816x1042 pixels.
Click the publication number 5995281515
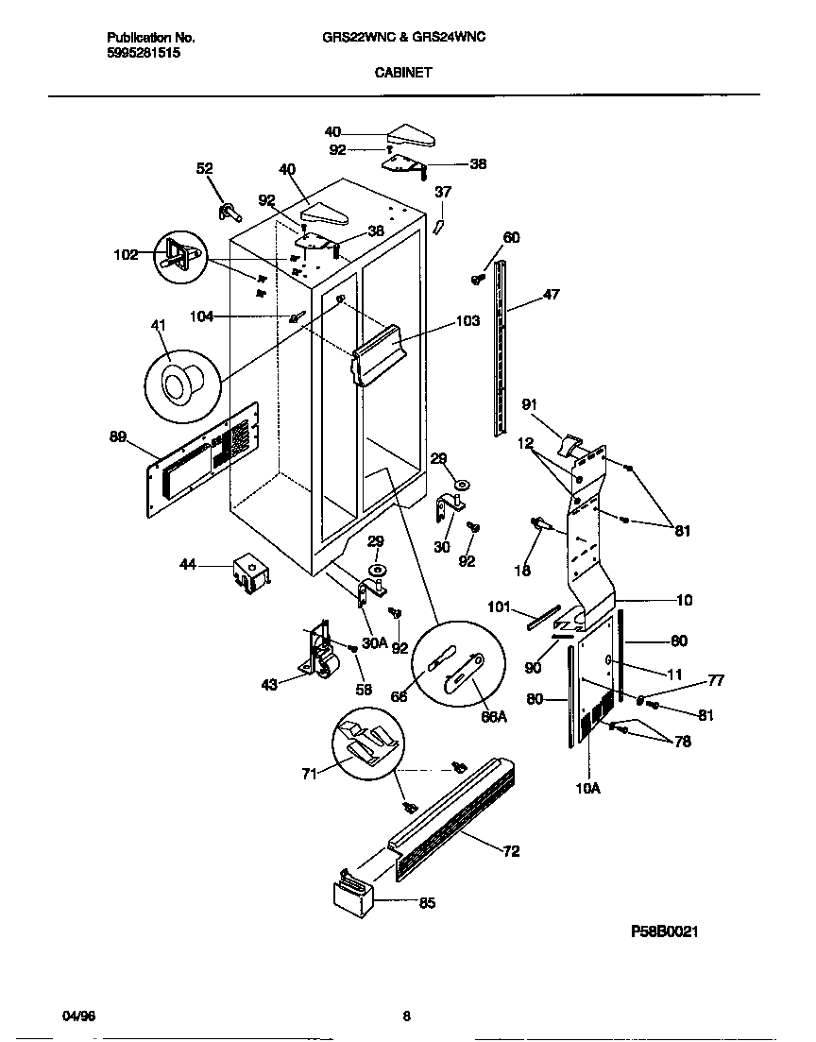[143, 54]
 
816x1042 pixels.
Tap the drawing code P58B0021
[665, 931]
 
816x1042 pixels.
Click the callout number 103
[467, 321]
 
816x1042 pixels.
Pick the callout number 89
[118, 436]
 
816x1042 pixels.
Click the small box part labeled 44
[248, 572]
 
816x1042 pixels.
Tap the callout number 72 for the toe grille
[511, 851]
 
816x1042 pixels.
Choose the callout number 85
[426, 902]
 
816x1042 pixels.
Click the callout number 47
[551, 295]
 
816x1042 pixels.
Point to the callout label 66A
[494, 717]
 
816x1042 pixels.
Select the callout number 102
[126, 254]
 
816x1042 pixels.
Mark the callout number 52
[204, 168]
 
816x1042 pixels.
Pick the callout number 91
[529, 404]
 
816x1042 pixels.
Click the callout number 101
[499, 606]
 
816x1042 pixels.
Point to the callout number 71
[307, 773]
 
